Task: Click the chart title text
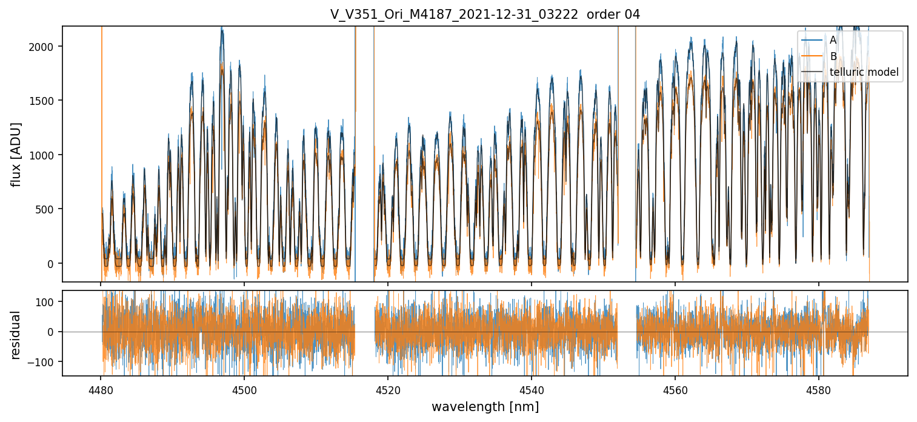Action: (485, 15)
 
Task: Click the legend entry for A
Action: (833, 40)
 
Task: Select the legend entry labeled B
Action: (833, 56)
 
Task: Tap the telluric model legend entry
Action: (864, 73)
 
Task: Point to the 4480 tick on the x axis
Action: (101, 389)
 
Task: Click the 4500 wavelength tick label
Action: (244, 389)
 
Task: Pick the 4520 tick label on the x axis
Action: (388, 389)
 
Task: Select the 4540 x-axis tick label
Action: (532, 389)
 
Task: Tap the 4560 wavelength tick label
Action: (675, 389)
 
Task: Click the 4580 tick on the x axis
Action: (819, 389)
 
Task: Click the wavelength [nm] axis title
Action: (485, 406)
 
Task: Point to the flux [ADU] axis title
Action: (16, 154)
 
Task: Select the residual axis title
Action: (16, 335)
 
